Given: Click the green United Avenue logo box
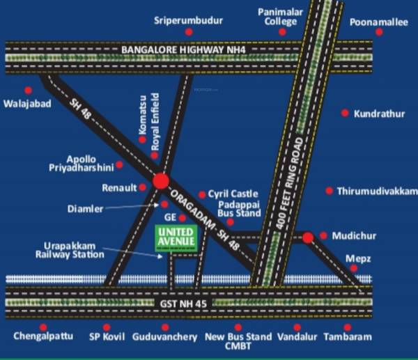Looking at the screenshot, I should tap(174, 238).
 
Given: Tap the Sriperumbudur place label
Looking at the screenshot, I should tap(188, 21).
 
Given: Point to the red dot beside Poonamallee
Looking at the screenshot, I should tap(379, 32).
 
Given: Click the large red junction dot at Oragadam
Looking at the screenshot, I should tap(161, 182).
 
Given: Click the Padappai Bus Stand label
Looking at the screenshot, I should tap(239, 210).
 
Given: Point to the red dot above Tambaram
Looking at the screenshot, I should tap(346, 326).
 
